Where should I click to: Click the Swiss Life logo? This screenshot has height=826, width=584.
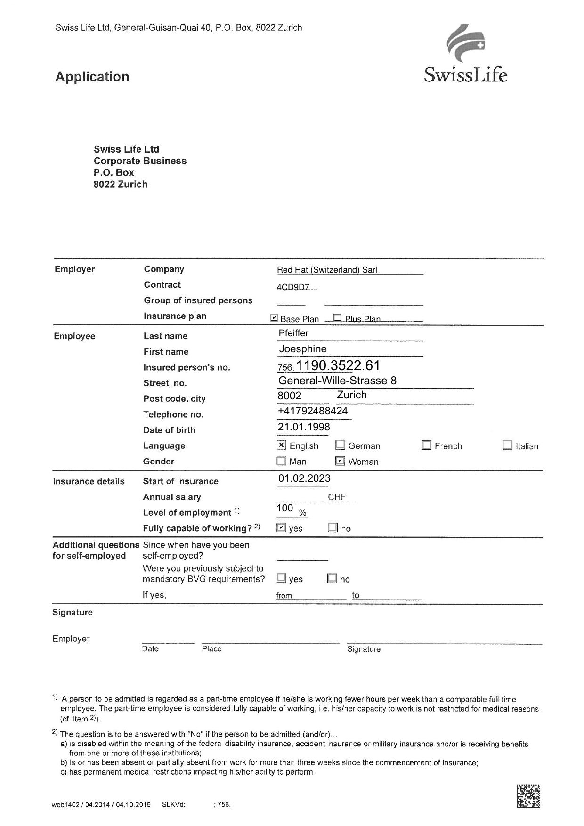[x=465, y=55]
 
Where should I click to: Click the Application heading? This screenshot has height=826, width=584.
[x=92, y=77]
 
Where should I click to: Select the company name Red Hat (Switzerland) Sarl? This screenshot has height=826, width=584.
[x=327, y=270]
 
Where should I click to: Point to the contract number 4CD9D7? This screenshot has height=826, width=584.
[x=293, y=287]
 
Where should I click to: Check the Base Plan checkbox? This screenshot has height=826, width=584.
[x=275, y=318]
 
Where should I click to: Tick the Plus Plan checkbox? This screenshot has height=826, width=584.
[x=337, y=318]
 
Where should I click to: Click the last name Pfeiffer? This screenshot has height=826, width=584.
[x=293, y=333]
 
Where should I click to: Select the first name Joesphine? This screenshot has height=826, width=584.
[x=303, y=349]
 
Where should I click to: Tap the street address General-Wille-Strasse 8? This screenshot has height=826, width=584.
[x=337, y=381]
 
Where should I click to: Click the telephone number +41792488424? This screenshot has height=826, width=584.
[x=313, y=411]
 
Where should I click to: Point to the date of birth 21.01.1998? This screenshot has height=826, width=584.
[x=304, y=427]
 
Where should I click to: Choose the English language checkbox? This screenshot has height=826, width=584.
[x=282, y=445]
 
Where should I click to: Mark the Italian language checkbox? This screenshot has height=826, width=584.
[x=507, y=445]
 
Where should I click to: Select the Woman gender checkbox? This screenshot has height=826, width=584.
[x=340, y=461]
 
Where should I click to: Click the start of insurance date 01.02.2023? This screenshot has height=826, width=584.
[x=304, y=478]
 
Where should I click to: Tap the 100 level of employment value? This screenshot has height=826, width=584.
[x=285, y=508]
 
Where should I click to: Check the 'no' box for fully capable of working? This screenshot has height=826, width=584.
[x=333, y=528]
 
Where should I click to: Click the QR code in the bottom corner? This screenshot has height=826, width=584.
[x=528, y=796]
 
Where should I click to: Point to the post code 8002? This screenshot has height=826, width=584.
[x=289, y=396]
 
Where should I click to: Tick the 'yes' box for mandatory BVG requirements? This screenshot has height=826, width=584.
[x=281, y=578]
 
